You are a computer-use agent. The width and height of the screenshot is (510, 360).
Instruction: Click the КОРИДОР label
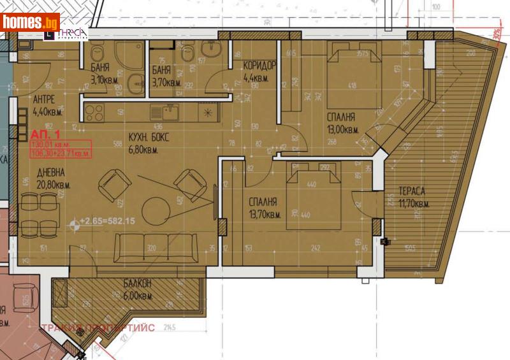pyautogui.click(x=259, y=72)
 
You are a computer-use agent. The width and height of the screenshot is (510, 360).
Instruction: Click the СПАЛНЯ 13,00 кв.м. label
pyautogui.click(x=342, y=123)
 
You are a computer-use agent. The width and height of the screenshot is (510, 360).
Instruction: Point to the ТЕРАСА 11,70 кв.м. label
pyautogui.click(x=414, y=197)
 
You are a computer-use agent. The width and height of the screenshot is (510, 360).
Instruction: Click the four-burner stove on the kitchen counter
pyautogui.click(x=94, y=112)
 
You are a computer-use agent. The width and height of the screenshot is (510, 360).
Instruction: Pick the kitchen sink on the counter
pyautogui.click(x=165, y=113)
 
